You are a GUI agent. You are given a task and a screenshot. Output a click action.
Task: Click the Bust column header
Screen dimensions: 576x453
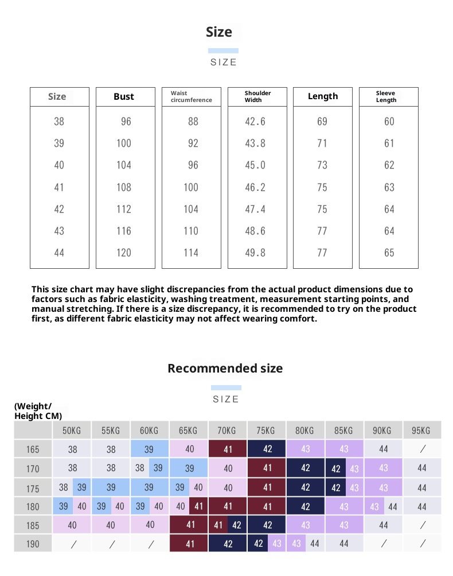124,96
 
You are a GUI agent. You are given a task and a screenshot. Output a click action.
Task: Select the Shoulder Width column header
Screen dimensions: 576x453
257,96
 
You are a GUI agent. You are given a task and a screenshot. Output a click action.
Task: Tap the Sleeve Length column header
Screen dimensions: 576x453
386,96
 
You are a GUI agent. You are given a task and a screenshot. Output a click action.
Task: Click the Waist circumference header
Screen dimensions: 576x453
191,96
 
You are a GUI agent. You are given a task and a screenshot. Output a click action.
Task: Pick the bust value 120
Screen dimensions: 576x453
124,253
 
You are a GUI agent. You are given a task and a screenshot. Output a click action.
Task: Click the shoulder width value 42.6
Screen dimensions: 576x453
255,122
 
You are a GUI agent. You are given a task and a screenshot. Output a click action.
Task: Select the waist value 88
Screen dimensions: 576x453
193,122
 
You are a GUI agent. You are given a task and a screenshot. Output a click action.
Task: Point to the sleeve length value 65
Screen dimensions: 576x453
389,253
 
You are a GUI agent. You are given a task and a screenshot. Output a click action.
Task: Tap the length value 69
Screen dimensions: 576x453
322,122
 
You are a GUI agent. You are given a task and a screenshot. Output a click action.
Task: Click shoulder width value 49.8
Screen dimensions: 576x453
255,253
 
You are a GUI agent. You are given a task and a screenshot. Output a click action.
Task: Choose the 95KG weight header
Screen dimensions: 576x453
421,430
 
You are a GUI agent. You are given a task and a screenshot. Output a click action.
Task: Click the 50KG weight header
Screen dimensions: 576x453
72,430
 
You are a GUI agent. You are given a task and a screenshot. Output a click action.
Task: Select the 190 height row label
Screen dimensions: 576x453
33,543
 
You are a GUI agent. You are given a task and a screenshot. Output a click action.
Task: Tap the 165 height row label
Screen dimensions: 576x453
33,449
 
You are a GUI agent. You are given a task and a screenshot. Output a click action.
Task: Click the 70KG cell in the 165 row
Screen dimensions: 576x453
228,449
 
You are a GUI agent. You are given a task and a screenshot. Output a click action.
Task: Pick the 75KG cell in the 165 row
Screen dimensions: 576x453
267,449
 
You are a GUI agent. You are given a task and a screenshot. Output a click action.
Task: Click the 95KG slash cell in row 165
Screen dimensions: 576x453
422,449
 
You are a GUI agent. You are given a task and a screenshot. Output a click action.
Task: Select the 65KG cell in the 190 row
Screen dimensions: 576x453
189,543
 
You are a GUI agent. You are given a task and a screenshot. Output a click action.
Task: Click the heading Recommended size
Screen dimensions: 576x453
225,368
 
